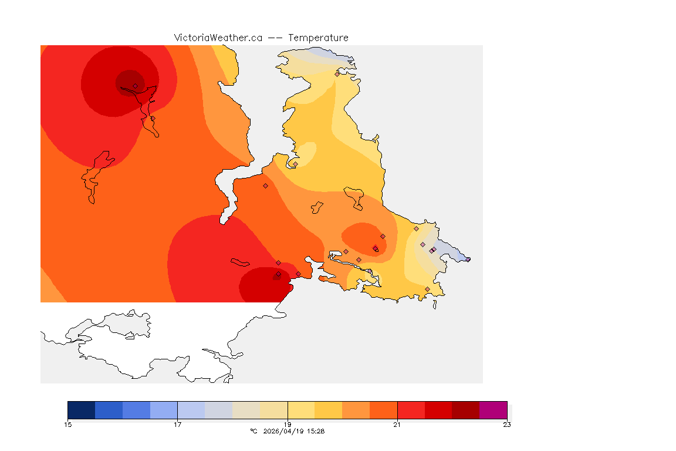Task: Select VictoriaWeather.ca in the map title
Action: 218,38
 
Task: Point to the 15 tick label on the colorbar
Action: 67,425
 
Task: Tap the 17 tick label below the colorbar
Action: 177,425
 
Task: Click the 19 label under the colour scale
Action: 288,425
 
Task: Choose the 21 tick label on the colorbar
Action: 397,425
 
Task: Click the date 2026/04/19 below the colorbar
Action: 283,431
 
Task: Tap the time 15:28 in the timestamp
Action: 316,431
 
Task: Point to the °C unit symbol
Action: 253,431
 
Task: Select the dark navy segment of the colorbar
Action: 81,410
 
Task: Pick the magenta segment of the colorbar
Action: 493,410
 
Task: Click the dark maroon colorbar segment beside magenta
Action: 465,410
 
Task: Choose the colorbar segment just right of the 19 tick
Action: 301,410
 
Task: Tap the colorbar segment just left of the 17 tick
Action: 164,410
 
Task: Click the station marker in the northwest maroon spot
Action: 135,86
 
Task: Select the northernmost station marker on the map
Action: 337,74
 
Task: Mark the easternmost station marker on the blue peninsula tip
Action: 468,259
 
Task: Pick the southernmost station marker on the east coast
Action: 427,289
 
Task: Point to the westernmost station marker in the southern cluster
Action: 278,262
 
